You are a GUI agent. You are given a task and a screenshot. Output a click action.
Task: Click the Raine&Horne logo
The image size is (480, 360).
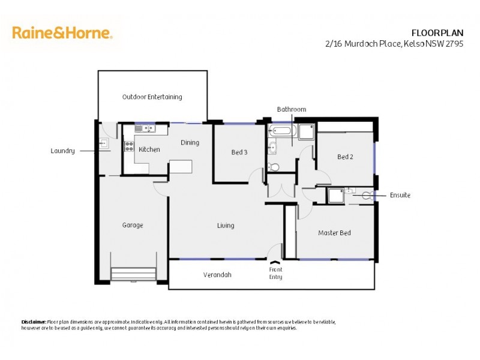(62, 32)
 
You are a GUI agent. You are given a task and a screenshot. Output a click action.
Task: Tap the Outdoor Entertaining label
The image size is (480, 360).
(152, 97)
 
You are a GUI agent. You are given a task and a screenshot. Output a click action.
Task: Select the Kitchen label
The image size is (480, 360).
(149, 149)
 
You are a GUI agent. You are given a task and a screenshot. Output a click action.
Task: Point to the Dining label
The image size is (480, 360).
(190, 143)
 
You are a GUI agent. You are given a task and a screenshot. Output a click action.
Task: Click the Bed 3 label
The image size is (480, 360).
(239, 152)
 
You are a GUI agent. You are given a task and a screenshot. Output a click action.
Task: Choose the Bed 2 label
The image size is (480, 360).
(345, 157)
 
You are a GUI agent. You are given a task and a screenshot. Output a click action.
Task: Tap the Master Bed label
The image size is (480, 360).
(334, 233)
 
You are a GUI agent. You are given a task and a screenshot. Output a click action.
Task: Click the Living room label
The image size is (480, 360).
(226, 226)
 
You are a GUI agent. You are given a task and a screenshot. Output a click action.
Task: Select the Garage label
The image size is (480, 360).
(133, 226)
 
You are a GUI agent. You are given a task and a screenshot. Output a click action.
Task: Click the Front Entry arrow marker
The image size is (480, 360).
(275, 262)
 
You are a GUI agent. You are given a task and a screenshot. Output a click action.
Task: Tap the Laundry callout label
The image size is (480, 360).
(62, 151)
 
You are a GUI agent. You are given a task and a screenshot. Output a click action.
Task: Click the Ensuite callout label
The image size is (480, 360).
(400, 195)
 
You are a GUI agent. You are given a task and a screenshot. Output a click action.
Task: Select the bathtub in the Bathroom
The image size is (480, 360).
(280, 130)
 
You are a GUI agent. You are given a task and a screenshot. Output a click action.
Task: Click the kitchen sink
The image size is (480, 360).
(144, 128)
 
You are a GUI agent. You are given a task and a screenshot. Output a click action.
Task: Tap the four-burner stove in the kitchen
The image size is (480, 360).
(128, 146)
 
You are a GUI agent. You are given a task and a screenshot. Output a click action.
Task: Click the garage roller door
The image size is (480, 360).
(133, 274)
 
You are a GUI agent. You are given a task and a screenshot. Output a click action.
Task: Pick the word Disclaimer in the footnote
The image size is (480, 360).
(34, 322)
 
